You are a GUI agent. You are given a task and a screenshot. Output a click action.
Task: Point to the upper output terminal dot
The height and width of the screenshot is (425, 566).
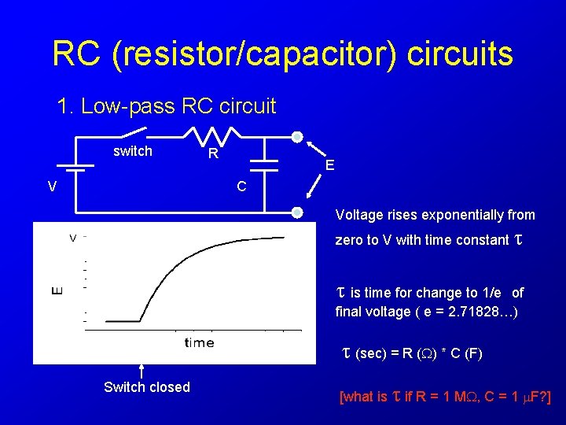point(297,137)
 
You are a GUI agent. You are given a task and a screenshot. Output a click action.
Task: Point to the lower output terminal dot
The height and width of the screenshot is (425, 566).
point(297,212)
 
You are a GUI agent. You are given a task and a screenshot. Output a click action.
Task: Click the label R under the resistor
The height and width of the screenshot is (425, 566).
point(213,154)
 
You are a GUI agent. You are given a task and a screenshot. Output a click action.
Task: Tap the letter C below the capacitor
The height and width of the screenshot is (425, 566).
point(242,187)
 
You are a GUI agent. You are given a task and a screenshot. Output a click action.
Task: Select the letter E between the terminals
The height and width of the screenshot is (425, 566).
point(330,165)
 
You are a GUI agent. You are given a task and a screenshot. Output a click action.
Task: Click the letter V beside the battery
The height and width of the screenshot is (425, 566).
point(51,187)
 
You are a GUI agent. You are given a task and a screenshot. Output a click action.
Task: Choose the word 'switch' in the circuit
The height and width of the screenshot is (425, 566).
point(133,151)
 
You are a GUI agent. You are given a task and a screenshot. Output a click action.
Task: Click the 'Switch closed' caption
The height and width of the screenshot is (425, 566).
point(147,387)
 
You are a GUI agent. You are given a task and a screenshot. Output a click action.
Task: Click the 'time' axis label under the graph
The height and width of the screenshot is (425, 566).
point(199,342)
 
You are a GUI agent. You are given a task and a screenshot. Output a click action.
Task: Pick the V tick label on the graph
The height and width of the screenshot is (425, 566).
point(72,237)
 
